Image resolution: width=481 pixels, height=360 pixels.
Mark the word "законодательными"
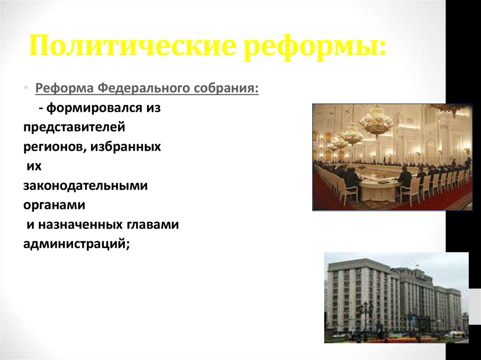point(85,186)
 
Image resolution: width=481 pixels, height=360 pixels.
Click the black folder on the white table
point(383,181)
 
